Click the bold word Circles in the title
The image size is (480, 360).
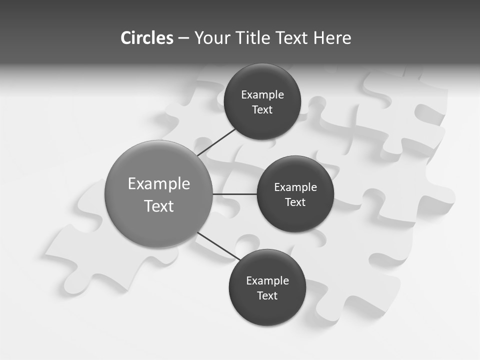[x=146, y=38]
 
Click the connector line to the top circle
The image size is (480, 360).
[x=216, y=142]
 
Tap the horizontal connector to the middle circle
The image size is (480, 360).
[x=234, y=194]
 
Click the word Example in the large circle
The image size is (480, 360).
[x=159, y=184]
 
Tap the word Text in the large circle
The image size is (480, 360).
[x=159, y=206]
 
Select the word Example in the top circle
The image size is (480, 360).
[x=262, y=95]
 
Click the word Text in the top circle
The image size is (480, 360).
[x=262, y=110]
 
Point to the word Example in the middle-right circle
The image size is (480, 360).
[x=295, y=187]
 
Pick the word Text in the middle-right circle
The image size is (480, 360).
[x=295, y=202]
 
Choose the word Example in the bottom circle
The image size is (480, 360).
[x=267, y=281]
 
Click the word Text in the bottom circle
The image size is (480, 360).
[x=267, y=296]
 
